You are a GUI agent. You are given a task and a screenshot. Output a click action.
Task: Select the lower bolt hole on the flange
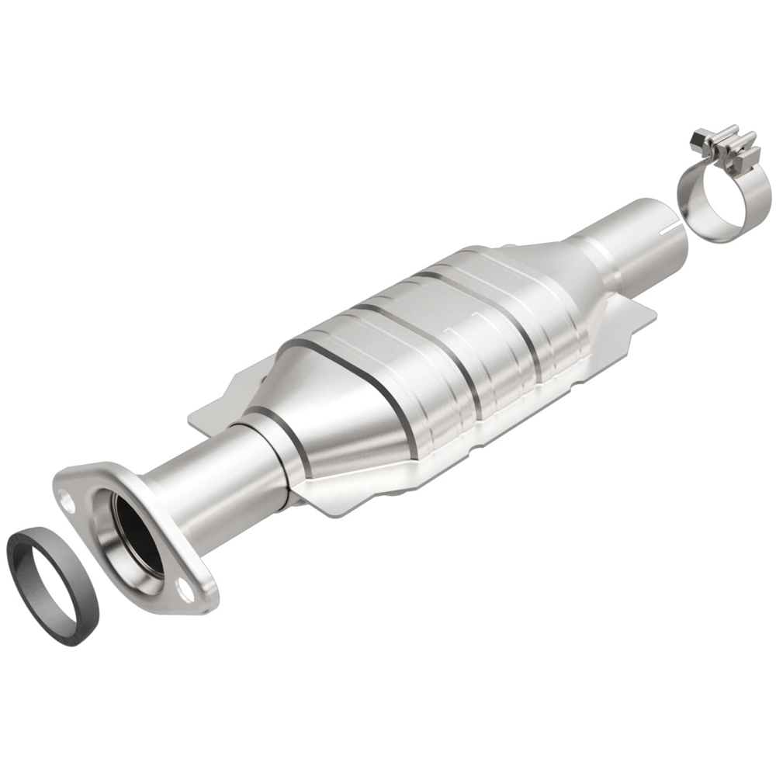[184, 591]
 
